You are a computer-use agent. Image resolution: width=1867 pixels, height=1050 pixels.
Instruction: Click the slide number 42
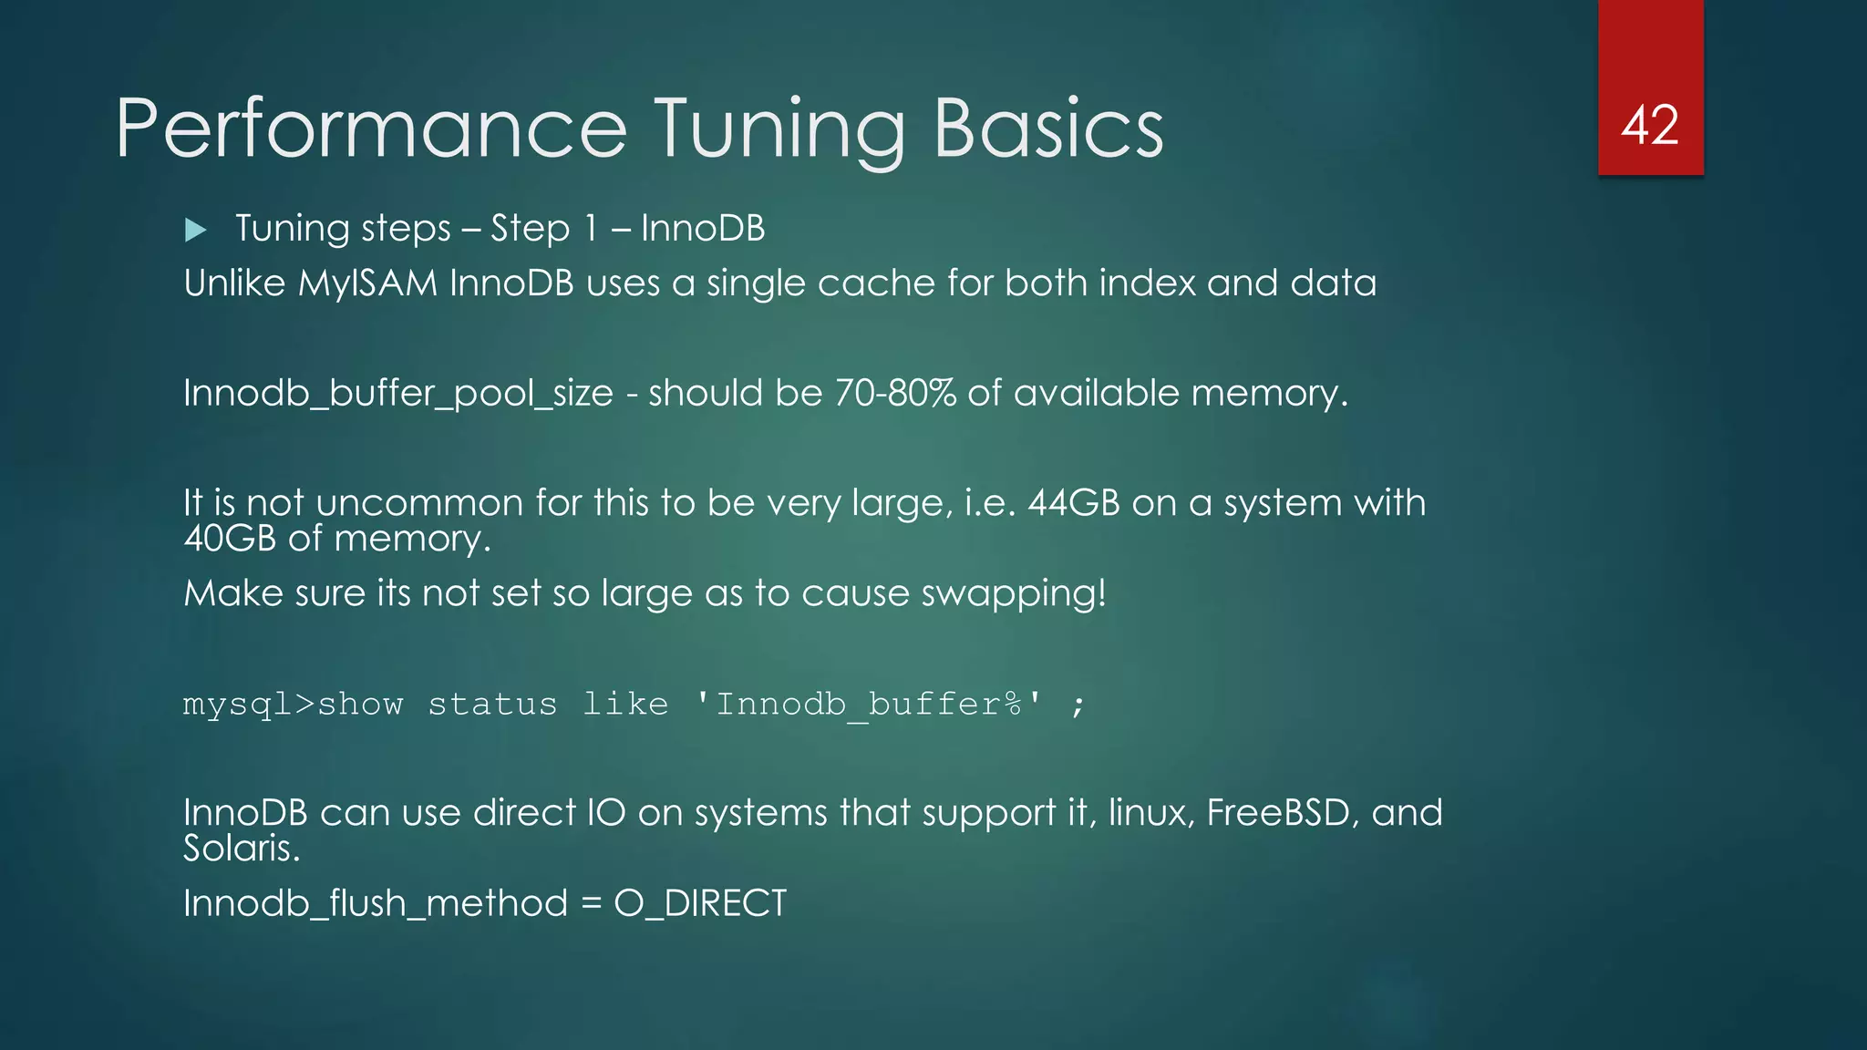[x=1650, y=125]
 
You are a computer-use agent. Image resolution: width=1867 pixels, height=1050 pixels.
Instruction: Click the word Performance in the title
[x=371, y=129]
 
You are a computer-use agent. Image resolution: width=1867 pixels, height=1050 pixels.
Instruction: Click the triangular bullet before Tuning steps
[x=195, y=230]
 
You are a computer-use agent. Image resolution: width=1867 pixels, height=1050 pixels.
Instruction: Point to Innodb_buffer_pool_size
[x=398, y=394]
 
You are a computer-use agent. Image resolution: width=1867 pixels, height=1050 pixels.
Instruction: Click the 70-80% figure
[x=895, y=393]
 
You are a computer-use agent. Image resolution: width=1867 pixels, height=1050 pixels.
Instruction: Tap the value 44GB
[x=1074, y=503]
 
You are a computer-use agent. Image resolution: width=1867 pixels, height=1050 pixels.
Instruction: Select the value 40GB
[x=229, y=539]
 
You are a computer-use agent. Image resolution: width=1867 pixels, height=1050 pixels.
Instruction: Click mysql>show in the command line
[x=293, y=705]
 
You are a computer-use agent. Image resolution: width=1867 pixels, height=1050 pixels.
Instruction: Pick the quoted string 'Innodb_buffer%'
[x=869, y=705]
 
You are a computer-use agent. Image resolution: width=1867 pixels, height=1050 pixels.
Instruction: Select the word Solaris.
[x=242, y=849]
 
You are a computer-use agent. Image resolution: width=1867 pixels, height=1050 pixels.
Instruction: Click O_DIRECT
[x=700, y=903]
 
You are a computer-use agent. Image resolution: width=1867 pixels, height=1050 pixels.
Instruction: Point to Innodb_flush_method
[x=375, y=903]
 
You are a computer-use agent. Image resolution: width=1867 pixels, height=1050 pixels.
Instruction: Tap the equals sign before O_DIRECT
[x=591, y=904]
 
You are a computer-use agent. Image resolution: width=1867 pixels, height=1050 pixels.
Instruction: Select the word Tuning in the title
[x=779, y=129]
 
